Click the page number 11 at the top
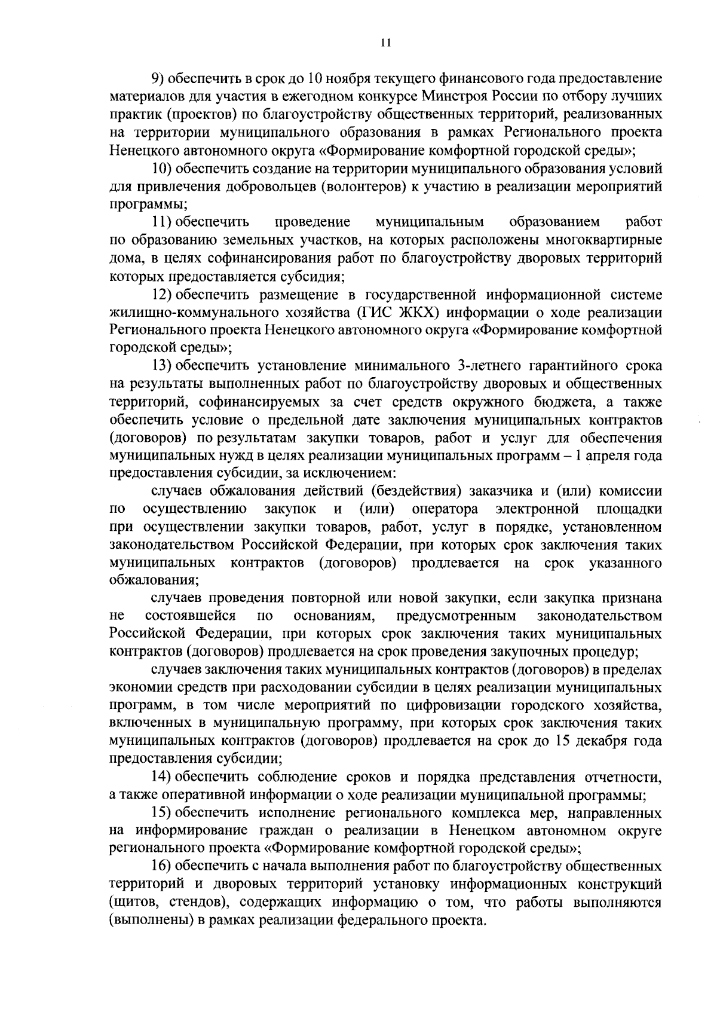tap(385, 42)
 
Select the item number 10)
tap(161, 168)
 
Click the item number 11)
tap(161, 222)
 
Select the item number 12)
tap(161, 295)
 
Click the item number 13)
tap(161, 366)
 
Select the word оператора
tap(445, 509)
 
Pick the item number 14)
tap(161, 778)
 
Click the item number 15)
tap(161, 814)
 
